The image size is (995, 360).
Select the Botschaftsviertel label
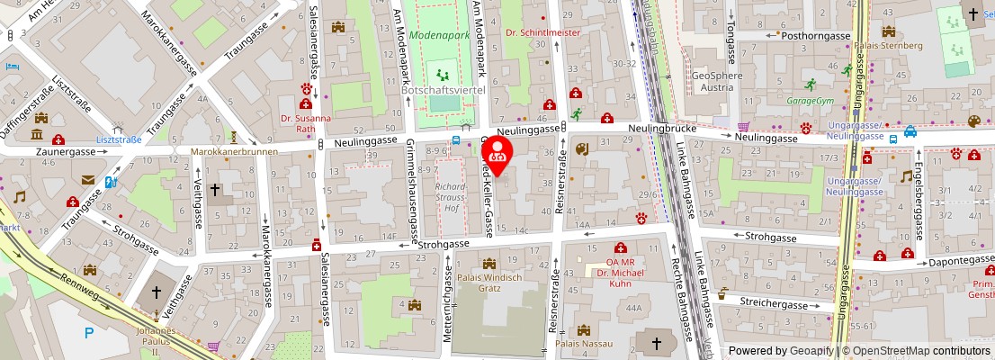click(444, 92)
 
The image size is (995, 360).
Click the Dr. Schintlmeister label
click(542, 32)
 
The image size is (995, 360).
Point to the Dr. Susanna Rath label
click(305, 123)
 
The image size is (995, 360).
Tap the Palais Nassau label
click(584, 343)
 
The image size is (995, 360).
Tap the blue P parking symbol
click(88, 333)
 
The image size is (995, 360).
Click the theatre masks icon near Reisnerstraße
click(582, 149)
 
